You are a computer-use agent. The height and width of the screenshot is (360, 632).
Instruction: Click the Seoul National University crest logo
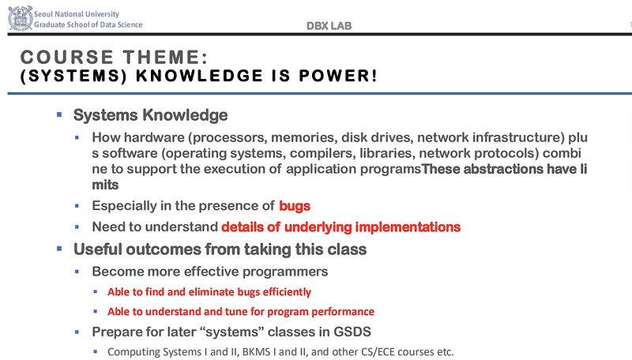[20, 19]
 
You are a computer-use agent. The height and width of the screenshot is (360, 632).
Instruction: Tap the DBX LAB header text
[329, 26]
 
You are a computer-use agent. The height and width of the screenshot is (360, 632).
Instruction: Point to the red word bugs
[294, 206]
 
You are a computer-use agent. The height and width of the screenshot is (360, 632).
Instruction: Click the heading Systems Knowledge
[150, 115]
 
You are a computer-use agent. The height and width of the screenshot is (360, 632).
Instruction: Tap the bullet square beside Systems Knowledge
[58, 115]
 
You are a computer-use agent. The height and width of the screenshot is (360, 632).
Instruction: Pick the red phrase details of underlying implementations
[340, 227]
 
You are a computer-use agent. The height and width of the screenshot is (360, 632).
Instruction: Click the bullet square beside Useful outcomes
[58, 249]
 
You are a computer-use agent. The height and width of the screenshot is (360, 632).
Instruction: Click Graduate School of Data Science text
[88, 24]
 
